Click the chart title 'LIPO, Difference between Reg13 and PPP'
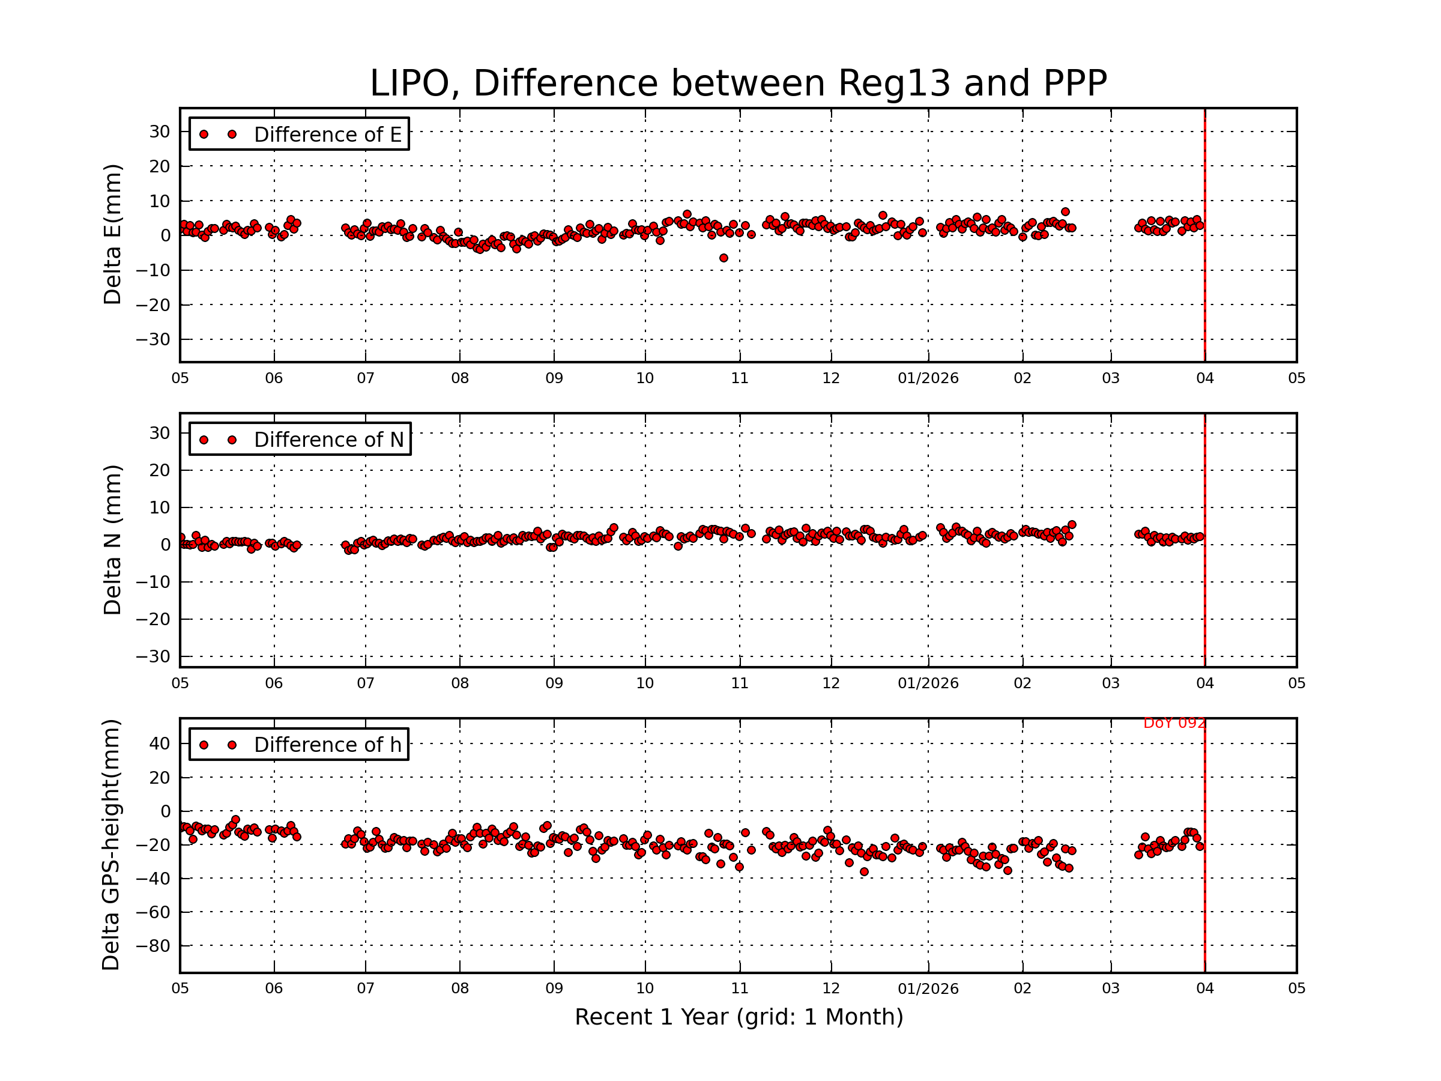738,83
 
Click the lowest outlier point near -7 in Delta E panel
723,258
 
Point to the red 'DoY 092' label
1174,723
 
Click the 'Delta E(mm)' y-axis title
112,234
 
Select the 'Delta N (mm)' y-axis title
112,539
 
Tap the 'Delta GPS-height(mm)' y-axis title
110,844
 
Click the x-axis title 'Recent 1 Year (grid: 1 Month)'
738,1017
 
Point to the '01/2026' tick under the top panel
928,378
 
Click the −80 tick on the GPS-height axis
156,945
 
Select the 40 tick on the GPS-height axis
160,743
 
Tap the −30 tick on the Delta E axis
153,339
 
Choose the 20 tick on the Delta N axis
160,470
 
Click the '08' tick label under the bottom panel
460,988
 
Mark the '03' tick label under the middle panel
1111,683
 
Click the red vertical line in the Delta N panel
1204,586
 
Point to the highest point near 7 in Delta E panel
1065,212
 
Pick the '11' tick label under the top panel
739,378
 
